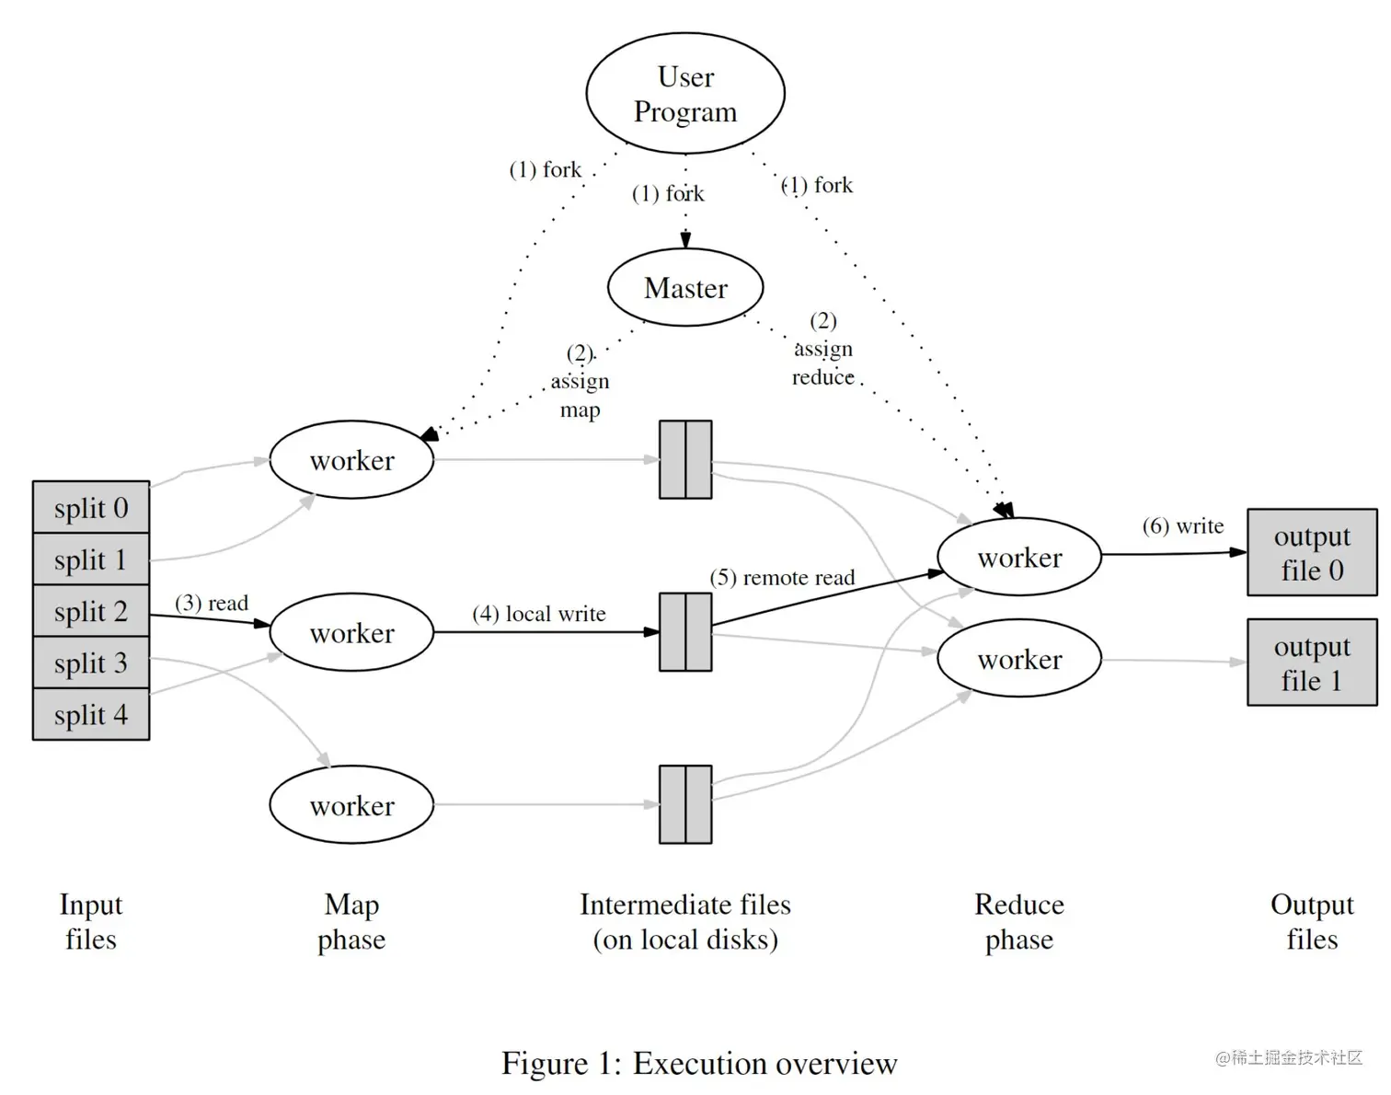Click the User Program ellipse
point(685,94)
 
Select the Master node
point(685,288)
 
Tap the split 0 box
point(91,507)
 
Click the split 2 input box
point(91,611)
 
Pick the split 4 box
point(91,714)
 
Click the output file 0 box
point(1312,553)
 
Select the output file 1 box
point(1312,663)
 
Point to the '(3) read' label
point(212,603)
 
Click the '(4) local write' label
point(539,614)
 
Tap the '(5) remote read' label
point(782,578)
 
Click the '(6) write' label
point(1183,526)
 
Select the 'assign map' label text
point(580,395)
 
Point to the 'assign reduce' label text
point(823,363)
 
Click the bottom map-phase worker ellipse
point(351,805)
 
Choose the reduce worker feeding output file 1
point(1019,659)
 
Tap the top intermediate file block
point(685,460)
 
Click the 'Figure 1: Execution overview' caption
point(698,1063)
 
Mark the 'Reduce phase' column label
point(1019,922)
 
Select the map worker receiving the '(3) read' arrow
point(351,632)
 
